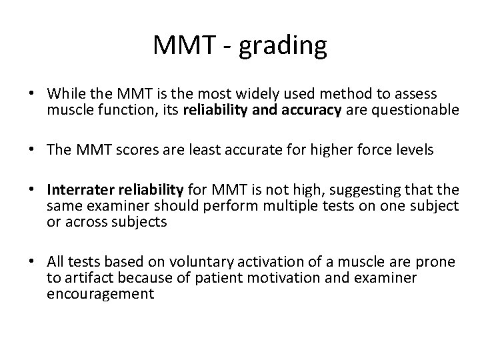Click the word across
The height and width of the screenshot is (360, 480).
[82, 221]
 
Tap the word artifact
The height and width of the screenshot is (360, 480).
[87, 279]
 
